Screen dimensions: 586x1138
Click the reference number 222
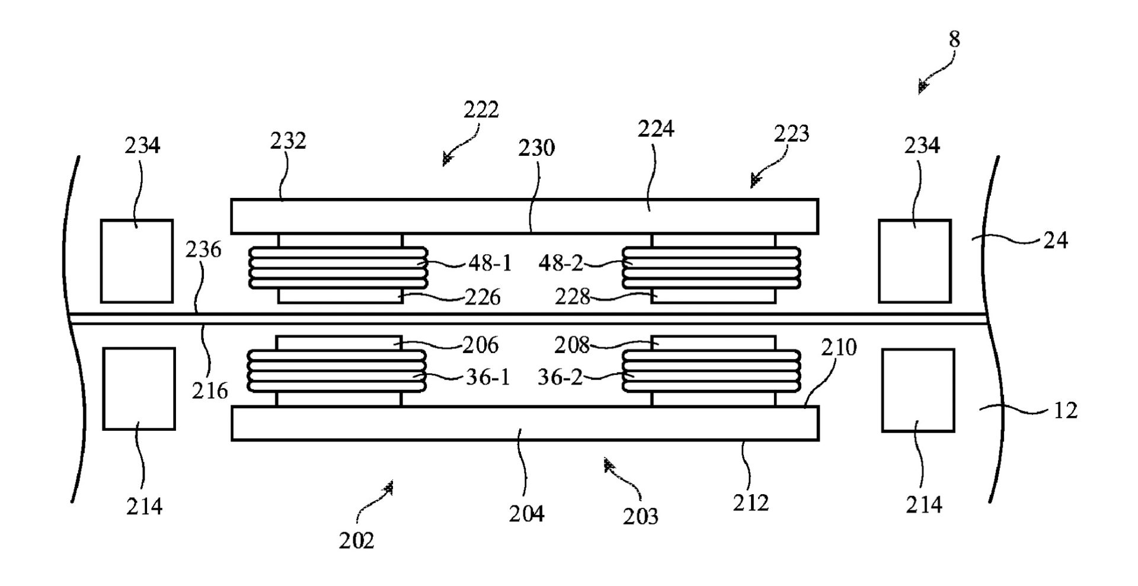[481, 110]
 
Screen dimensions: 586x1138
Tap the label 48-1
[490, 263]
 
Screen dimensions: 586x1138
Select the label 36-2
[560, 377]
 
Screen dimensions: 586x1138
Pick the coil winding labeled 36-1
[336, 370]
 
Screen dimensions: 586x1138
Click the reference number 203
[640, 517]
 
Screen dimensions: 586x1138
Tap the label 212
[750, 502]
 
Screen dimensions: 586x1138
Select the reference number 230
[536, 148]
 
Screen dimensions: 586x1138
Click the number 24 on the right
[1055, 241]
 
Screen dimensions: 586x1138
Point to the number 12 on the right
[1065, 411]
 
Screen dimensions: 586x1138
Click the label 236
[203, 250]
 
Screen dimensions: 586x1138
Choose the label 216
[210, 390]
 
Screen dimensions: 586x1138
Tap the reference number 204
[526, 514]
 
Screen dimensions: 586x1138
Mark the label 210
[839, 348]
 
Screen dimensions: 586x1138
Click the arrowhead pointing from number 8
[922, 88]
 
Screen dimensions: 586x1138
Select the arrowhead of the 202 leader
[389, 487]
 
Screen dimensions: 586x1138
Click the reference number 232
[288, 141]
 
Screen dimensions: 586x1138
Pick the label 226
[482, 297]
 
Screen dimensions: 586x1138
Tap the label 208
[572, 345]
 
